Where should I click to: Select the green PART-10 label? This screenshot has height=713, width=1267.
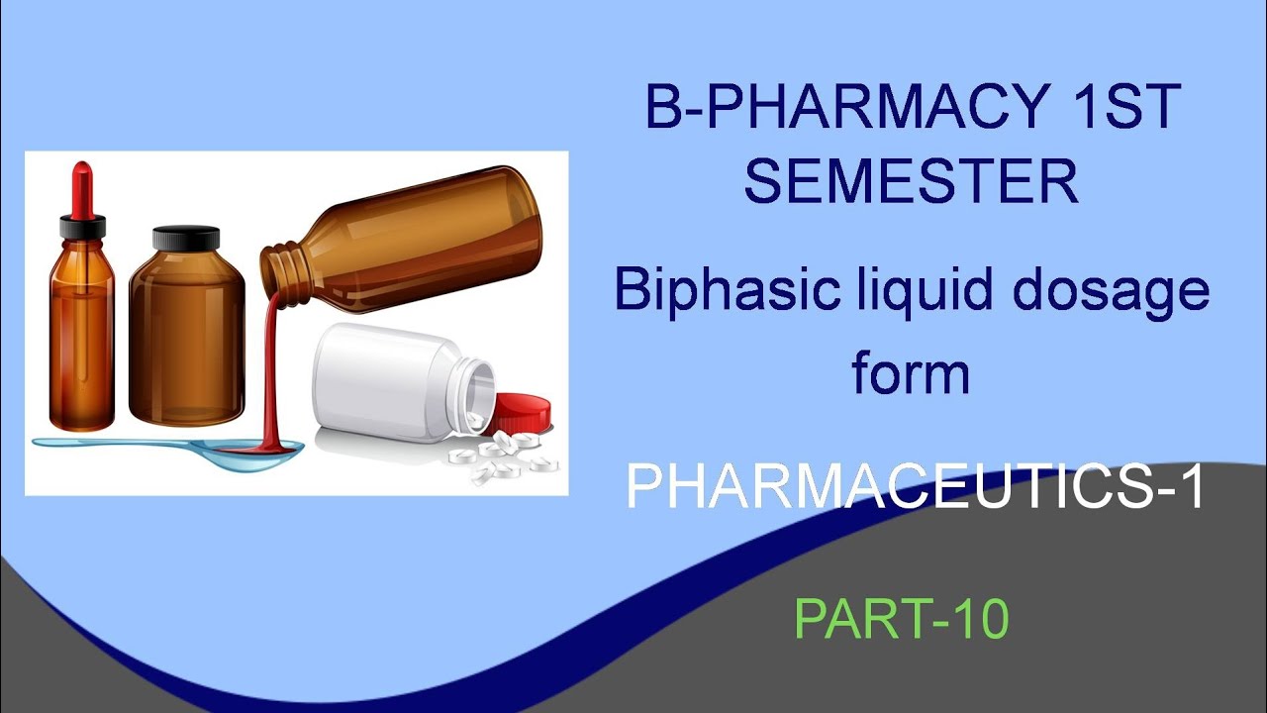click(901, 619)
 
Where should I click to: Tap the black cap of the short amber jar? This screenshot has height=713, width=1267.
click(186, 239)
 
